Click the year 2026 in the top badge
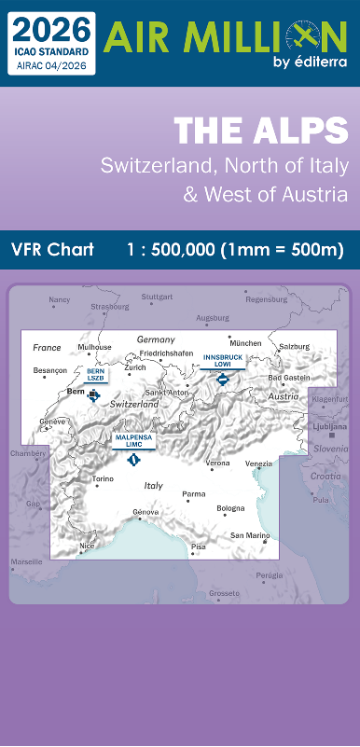coord(52,26)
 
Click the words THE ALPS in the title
coord(260,131)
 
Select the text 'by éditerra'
coord(310,62)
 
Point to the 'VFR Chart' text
coord(52,251)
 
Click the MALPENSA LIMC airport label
coord(133,440)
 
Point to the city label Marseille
coord(26,562)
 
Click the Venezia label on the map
coord(259,463)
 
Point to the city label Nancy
coord(60,299)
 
